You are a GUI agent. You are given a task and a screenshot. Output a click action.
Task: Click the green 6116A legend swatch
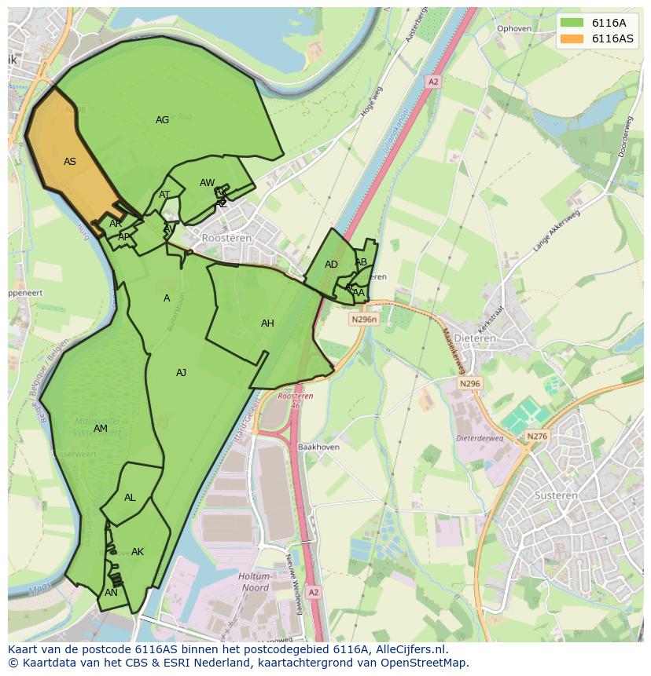click(x=572, y=23)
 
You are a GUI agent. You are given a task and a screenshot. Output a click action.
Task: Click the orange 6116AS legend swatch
click(x=572, y=38)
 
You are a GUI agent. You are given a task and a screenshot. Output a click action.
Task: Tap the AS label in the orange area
click(x=70, y=162)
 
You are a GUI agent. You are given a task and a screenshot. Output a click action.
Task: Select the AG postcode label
click(x=162, y=120)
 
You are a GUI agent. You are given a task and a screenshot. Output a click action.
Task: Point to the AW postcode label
click(x=207, y=183)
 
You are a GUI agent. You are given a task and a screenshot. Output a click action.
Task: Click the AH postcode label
click(x=267, y=323)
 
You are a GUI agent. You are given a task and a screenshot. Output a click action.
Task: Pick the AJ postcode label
click(x=181, y=373)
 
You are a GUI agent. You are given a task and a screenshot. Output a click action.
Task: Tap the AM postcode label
click(x=100, y=429)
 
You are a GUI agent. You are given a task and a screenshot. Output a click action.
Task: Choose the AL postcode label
click(x=130, y=498)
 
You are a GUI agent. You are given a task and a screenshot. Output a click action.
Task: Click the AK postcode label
click(x=138, y=552)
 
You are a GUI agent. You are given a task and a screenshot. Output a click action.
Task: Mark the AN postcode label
click(x=111, y=593)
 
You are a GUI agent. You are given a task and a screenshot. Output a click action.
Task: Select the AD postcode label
click(x=331, y=265)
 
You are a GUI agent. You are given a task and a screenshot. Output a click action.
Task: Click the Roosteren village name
click(x=226, y=237)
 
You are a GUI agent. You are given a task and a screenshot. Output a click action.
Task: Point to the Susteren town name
click(x=556, y=495)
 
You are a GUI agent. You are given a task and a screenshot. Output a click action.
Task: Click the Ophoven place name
click(x=514, y=29)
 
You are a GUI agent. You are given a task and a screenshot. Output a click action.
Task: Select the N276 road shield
click(x=537, y=437)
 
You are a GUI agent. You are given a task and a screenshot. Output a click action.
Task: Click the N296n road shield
click(x=364, y=320)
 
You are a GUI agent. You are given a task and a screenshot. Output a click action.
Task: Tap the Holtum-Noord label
click(x=254, y=582)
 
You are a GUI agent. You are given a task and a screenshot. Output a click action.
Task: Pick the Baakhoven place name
click(x=318, y=448)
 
